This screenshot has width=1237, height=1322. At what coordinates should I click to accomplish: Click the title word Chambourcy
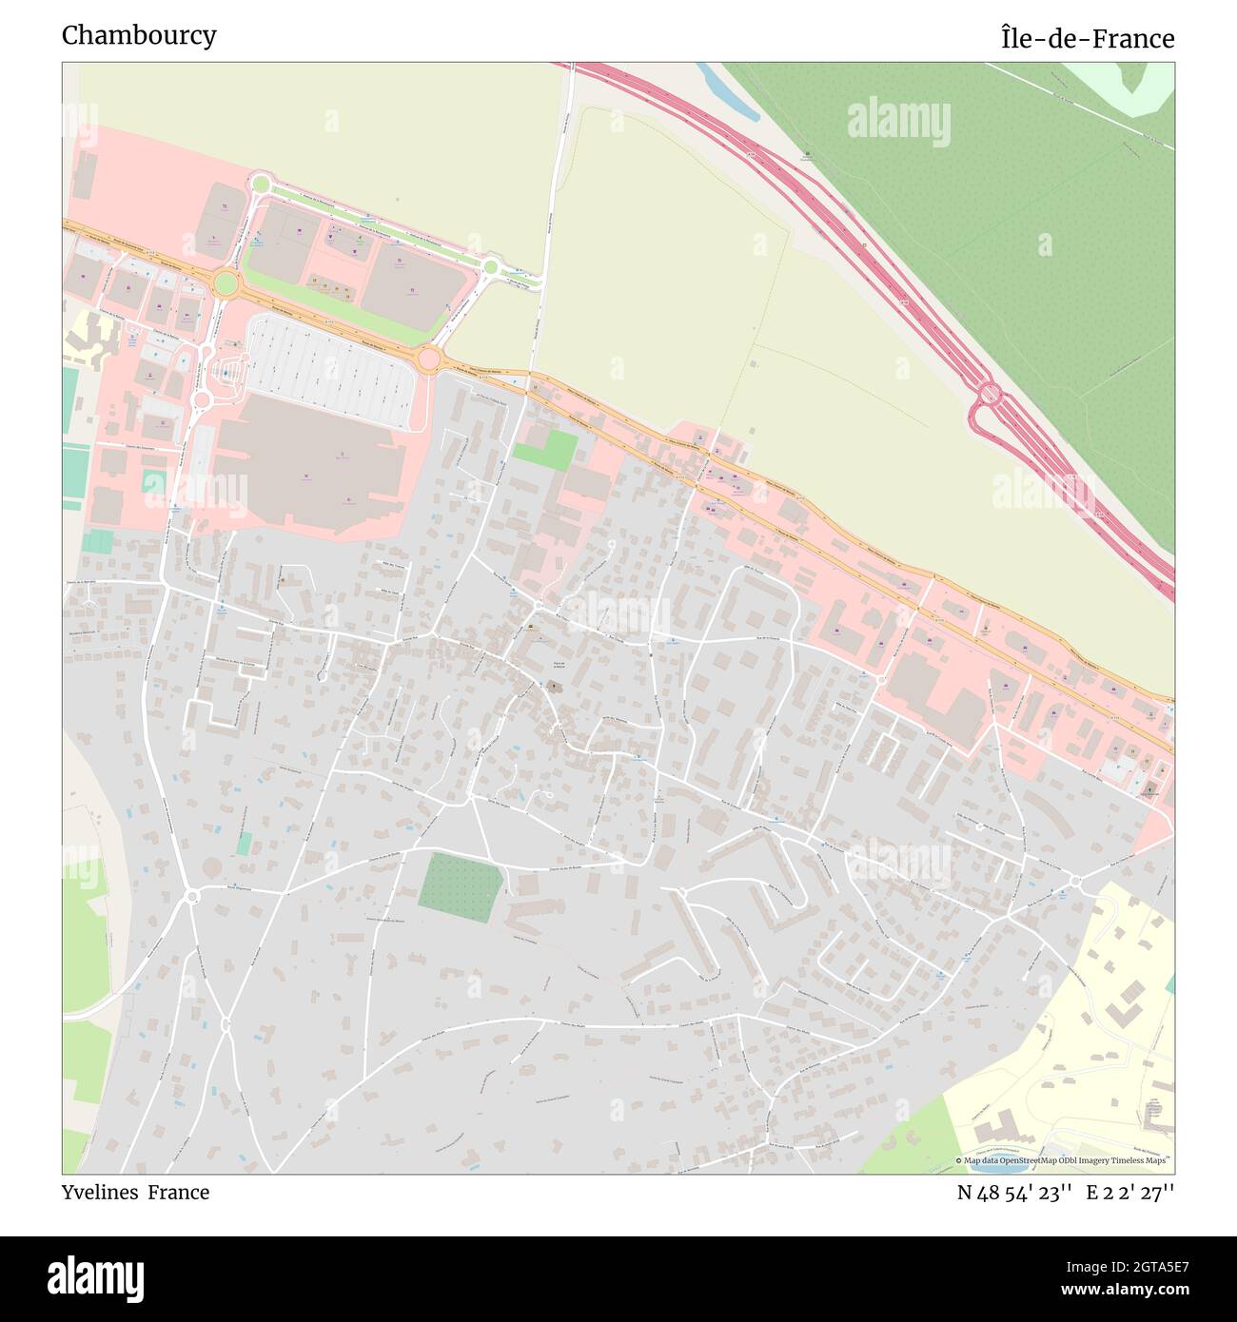click(x=139, y=35)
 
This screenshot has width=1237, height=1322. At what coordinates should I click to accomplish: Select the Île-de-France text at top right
click(x=1087, y=39)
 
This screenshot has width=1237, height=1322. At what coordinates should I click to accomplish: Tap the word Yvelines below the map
click(x=101, y=1193)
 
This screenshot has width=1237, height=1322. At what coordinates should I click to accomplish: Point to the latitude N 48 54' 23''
click(x=1015, y=1193)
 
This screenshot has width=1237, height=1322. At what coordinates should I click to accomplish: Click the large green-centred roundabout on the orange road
click(x=226, y=282)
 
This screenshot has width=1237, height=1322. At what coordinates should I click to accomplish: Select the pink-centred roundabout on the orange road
click(x=428, y=359)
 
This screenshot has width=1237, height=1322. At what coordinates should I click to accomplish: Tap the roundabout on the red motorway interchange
click(x=989, y=393)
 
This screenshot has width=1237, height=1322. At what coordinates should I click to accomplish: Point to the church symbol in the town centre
click(x=554, y=684)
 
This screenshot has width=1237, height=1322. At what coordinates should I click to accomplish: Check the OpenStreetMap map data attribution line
click(x=1063, y=1160)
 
